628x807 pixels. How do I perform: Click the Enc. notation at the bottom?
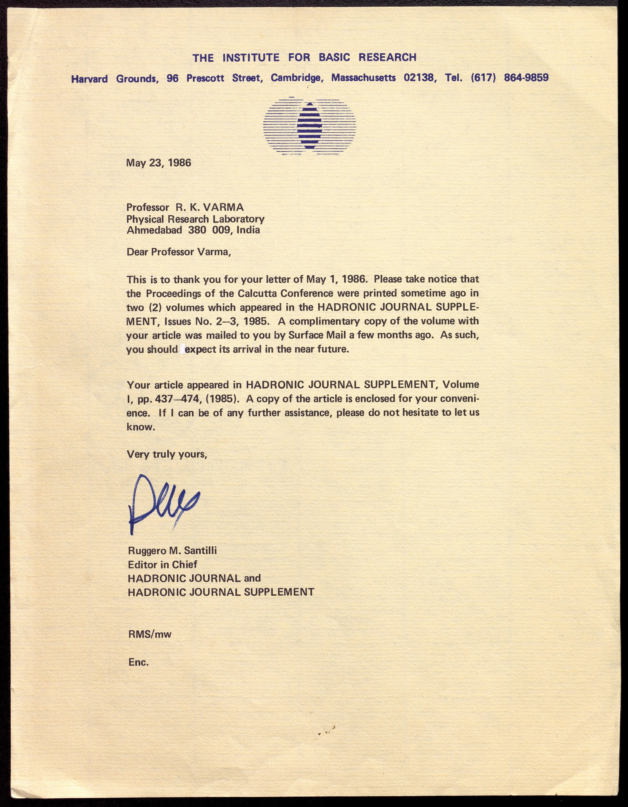point(138,662)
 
